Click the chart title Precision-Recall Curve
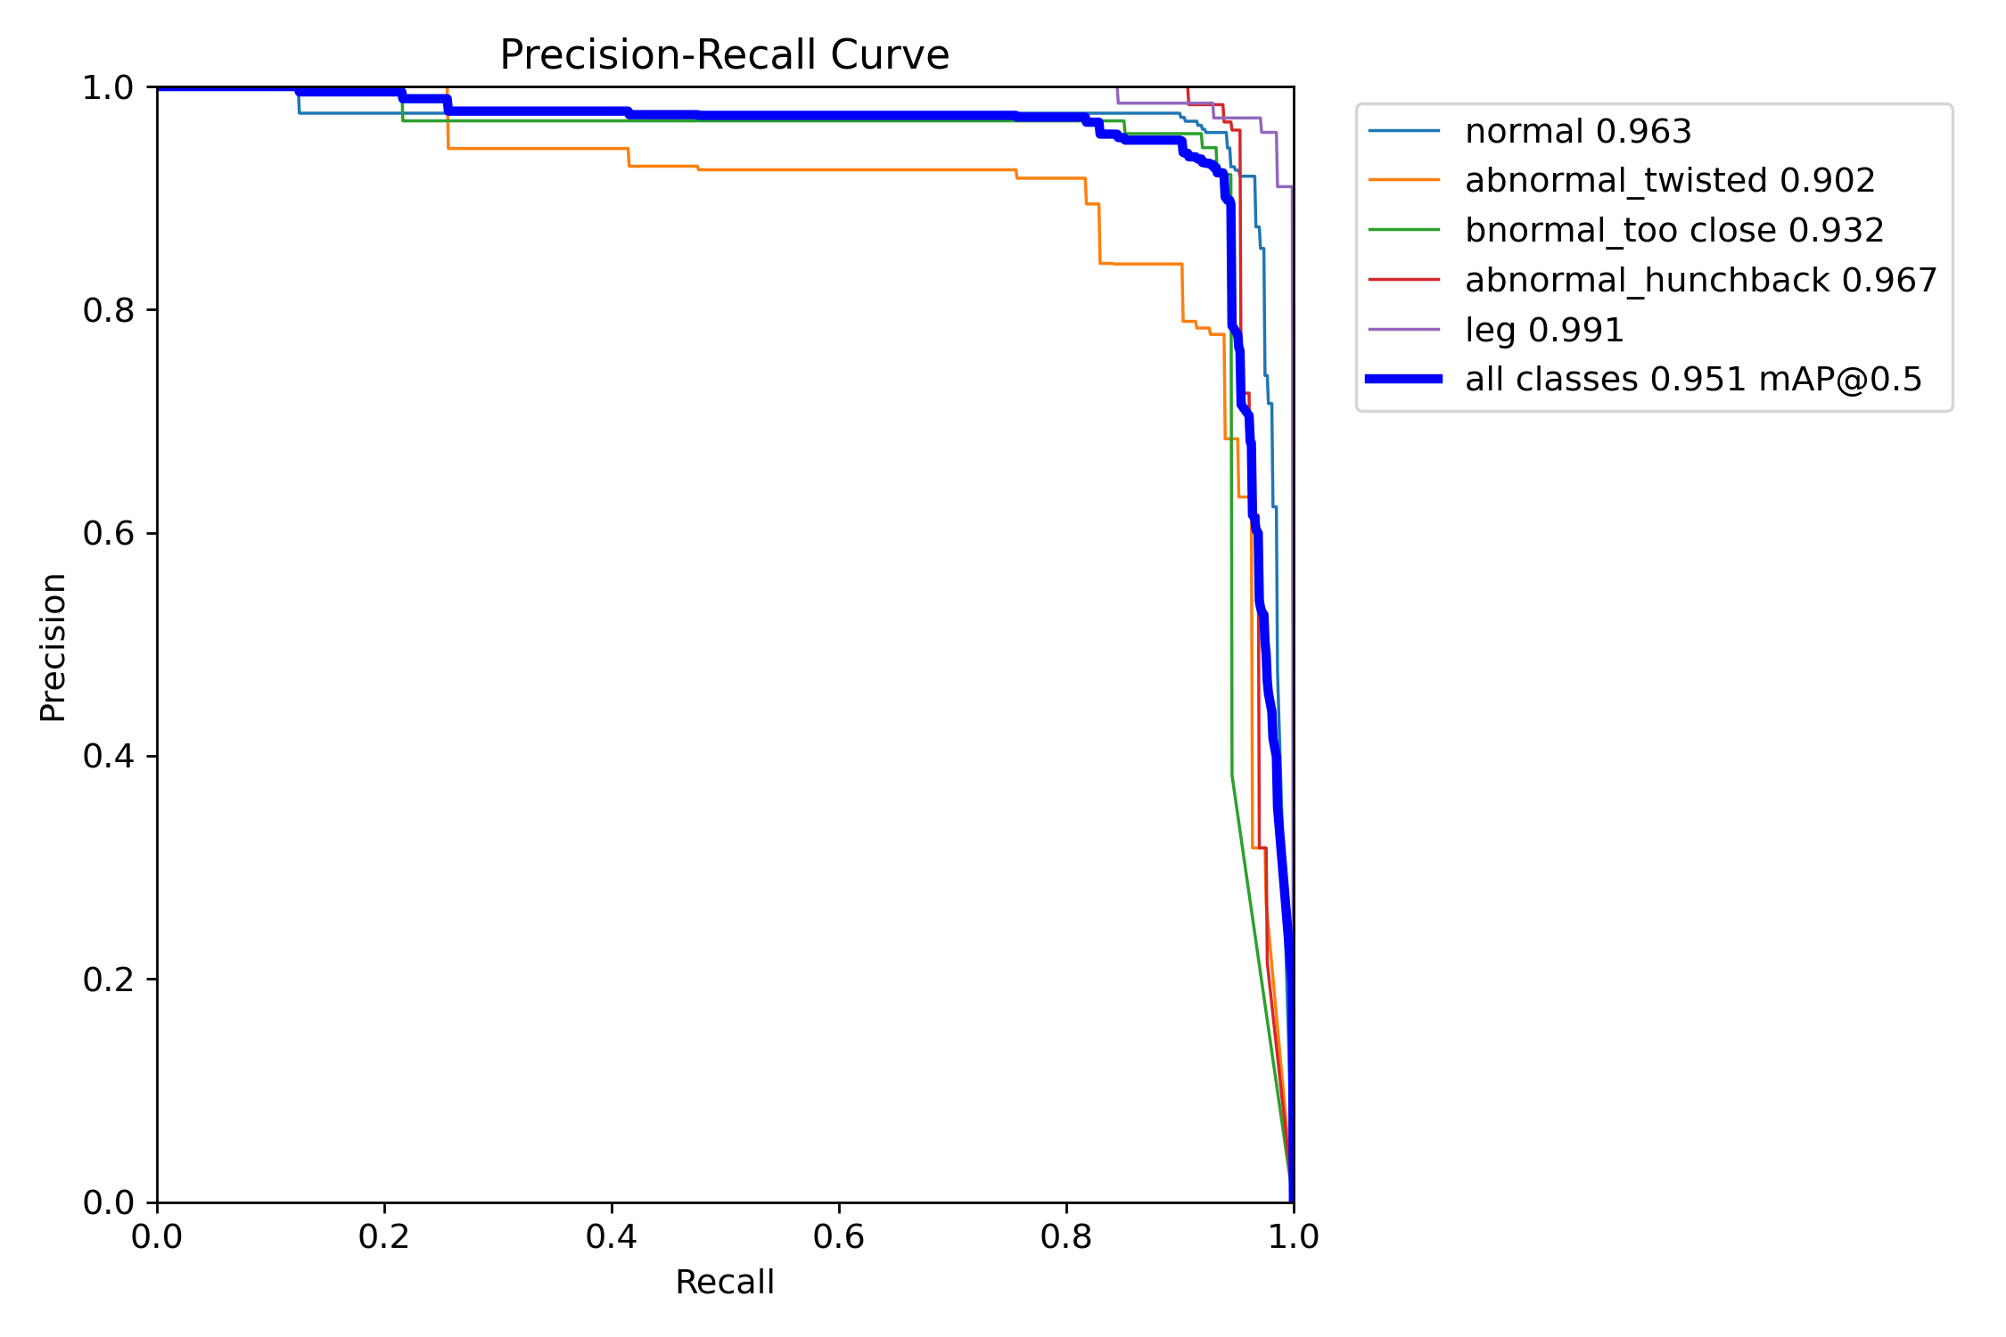[724, 55]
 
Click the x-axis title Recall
[724, 1282]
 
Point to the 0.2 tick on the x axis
[384, 1236]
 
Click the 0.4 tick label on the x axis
[612, 1236]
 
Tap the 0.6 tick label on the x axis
[839, 1236]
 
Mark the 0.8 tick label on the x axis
[1066, 1236]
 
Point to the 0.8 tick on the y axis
[108, 310]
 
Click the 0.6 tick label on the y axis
[108, 533]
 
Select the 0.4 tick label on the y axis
[108, 756]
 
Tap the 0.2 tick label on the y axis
[108, 979]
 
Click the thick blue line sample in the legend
[1404, 379]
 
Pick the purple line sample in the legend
[1404, 330]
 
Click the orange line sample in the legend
[1404, 180]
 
